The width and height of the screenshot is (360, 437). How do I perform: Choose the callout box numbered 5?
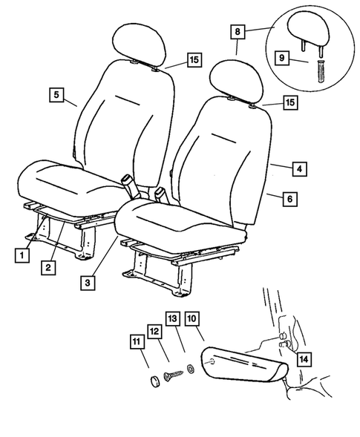[x=56, y=94]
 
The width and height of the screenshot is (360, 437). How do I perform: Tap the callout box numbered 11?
[x=136, y=342]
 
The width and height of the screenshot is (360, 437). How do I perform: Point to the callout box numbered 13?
[x=174, y=319]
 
